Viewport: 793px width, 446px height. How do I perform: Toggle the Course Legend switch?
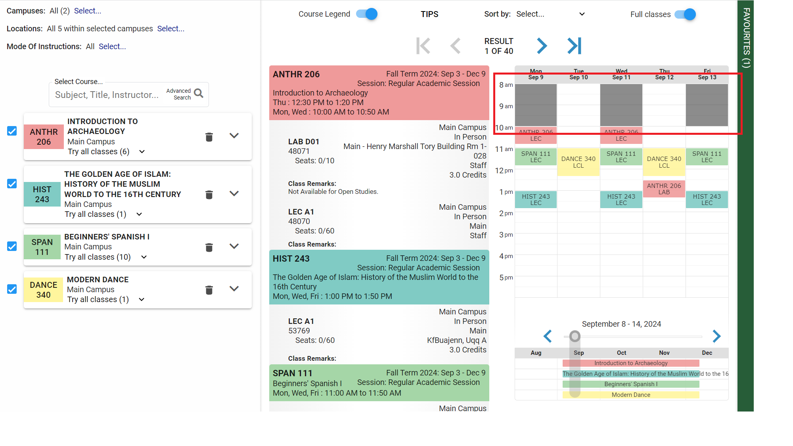(x=367, y=14)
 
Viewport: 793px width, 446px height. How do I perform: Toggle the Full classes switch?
(x=685, y=14)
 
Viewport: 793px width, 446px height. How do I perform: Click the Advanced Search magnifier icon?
(x=199, y=94)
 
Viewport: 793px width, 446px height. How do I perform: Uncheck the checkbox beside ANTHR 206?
(x=12, y=131)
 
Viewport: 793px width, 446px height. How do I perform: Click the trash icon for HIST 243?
(x=209, y=195)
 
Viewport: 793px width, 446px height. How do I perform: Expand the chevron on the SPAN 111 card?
(x=234, y=246)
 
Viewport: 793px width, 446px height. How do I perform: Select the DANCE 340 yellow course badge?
(x=43, y=290)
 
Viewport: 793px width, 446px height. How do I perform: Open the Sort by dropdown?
(x=550, y=14)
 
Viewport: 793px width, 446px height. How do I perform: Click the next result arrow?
(x=542, y=46)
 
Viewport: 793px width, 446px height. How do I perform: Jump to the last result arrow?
(x=574, y=46)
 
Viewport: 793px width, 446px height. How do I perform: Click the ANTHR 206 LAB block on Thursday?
(x=664, y=189)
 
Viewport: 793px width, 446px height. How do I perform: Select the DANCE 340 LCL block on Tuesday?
(x=578, y=162)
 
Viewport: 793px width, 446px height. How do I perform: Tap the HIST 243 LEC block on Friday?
(x=707, y=199)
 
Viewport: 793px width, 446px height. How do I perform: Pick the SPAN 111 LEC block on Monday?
(x=535, y=157)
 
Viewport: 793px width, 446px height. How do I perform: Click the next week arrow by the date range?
(x=716, y=336)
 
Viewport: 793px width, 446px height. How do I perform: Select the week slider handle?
(x=575, y=337)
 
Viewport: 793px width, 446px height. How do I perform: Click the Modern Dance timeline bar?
(x=630, y=395)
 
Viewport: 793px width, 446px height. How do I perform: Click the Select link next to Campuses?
(x=88, y=11)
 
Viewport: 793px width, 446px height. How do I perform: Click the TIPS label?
(x=429, y=14)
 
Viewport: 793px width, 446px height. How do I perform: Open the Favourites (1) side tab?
(x=746, y=38)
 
